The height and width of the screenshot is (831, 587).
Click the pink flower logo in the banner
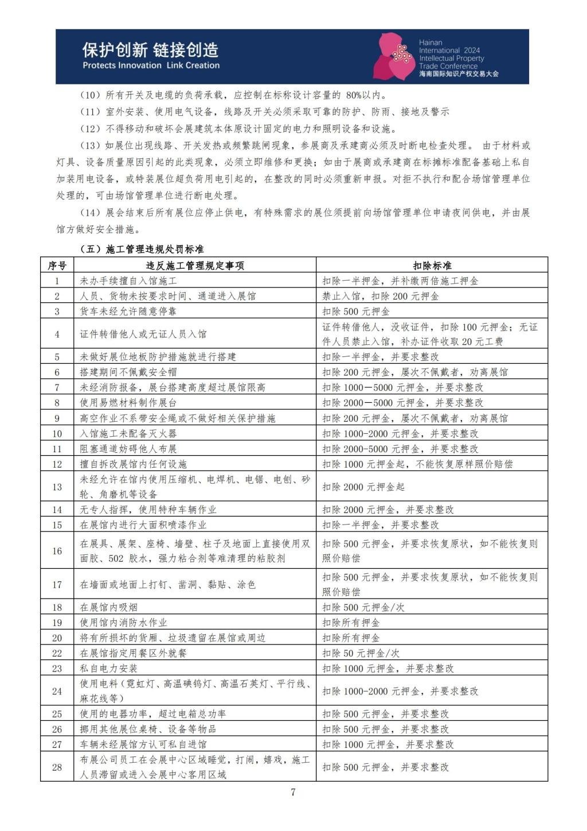click(x=394, y=56)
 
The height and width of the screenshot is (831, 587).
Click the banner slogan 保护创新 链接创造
click(x=150, y=50)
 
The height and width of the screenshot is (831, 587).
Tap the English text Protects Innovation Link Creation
click(x=151, y=65)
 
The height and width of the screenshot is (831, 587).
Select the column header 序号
click(x=57, y=265)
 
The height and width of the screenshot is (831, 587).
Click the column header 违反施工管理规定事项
click(x=195, y=265)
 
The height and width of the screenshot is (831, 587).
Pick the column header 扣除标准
click(x=432, y=265)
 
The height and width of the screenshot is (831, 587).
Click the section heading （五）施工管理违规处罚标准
click(x=142, y=249)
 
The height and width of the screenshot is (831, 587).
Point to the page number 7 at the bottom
click(x=293, y=793)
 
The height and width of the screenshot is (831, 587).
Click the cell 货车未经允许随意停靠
click(x=128, y=311)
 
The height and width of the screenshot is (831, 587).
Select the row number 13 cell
click(x=57, y=487)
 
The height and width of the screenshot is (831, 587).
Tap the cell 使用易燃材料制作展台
click(x=128, y=402)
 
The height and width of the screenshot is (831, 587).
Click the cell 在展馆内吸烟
click(x=109, y=607)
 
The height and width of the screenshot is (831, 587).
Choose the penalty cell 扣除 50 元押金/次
click(x=361, y=653)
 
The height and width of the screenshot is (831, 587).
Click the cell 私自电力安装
click(x=109, y=668)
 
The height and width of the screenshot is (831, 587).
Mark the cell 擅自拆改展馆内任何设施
click(x=133, y=464)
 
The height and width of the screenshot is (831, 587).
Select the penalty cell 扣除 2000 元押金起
click(x=363, y=487)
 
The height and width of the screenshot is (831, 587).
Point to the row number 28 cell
click(x=57, y=767)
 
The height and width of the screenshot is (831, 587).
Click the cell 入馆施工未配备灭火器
click(x=128, y=433)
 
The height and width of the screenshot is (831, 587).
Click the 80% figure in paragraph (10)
click(x=355, y=95)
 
